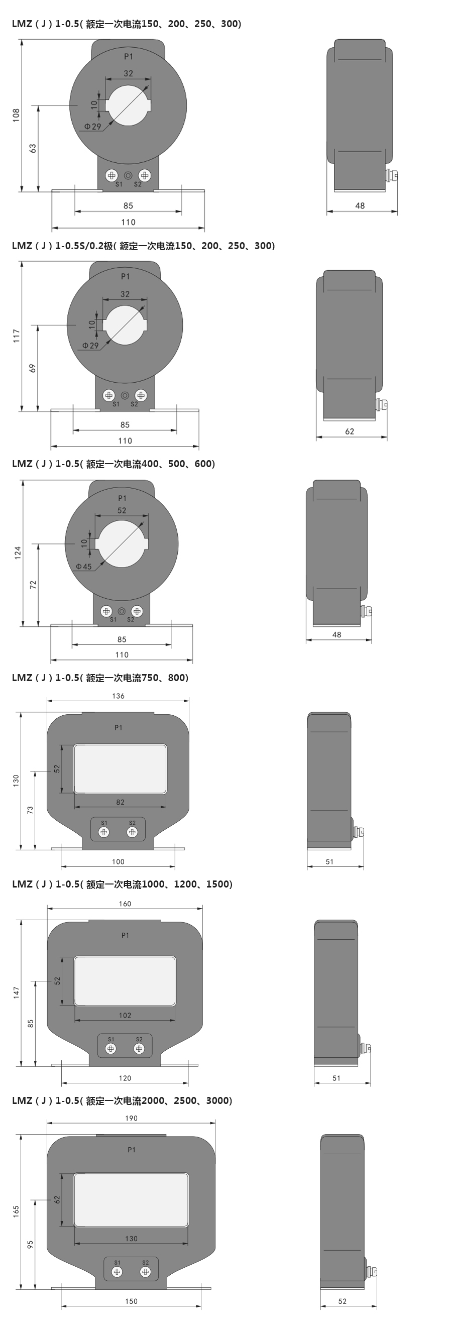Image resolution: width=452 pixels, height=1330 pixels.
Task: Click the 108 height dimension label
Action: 17,115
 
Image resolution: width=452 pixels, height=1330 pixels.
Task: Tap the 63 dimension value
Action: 33,148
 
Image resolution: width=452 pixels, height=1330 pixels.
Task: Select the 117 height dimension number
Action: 17,336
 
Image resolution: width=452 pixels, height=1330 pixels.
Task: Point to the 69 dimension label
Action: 33,368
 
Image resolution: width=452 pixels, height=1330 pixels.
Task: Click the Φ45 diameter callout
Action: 83,567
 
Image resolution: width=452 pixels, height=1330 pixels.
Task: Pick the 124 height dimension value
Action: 18,552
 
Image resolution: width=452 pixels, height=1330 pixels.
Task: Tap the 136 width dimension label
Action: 118,696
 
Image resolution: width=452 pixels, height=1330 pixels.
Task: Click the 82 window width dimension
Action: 120,802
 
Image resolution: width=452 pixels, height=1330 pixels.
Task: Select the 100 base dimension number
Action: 118,861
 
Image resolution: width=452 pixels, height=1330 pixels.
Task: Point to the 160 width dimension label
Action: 125,904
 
